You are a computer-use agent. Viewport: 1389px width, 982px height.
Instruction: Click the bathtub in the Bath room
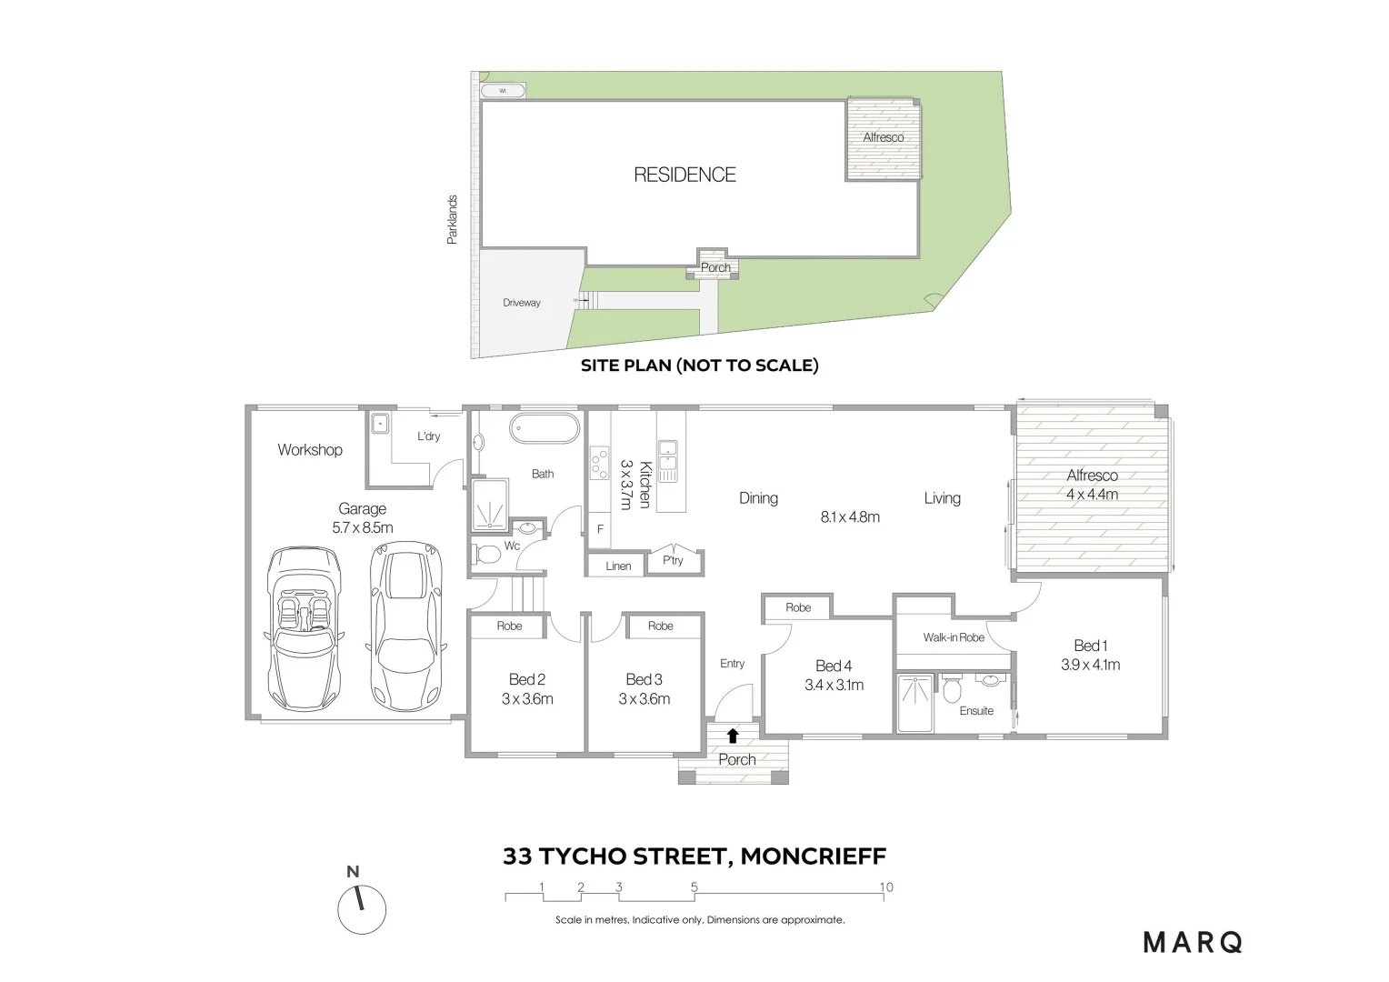point(544,428)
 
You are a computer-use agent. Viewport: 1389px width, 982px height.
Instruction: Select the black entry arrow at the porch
point(733,736)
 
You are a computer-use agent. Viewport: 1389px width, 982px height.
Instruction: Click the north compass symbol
point(361,908)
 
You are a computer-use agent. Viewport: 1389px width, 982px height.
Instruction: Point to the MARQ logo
point(1193,942)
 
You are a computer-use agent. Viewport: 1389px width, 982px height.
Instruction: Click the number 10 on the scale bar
point(885,887)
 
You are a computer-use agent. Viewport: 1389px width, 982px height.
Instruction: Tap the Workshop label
point(310,449)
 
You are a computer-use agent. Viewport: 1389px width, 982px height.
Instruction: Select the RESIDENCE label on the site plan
point(685,175)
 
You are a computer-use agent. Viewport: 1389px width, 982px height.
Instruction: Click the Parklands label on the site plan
point(452,219)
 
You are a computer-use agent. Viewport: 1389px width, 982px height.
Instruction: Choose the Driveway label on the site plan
point(522,303)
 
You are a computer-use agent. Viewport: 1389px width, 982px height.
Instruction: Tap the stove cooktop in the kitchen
point(599,464)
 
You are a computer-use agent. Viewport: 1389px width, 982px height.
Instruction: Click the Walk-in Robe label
point(954,637)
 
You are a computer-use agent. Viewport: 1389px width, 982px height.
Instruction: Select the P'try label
point(673,560)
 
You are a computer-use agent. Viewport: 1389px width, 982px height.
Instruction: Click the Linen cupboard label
point(618,566)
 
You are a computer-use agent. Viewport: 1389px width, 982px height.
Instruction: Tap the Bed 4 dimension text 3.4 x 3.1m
point(834,685)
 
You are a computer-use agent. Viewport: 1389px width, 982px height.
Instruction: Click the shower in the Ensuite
point(914,703)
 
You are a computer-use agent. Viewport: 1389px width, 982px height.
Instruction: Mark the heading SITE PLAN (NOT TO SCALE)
point(699,366)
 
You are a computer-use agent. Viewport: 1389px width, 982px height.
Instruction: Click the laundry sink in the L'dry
point(380,424)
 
